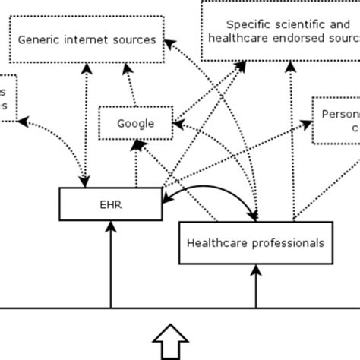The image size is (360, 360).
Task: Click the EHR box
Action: click(x=112, y=204)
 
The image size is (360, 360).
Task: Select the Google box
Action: click(x=136, y=124)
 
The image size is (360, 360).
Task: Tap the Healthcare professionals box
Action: click(x=255, y=243)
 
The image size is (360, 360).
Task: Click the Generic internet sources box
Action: click(x=87, y=39)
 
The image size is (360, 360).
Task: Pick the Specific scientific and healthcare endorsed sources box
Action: click(x=280, y=31)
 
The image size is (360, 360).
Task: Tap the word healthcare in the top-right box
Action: click(x=236, y=39)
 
